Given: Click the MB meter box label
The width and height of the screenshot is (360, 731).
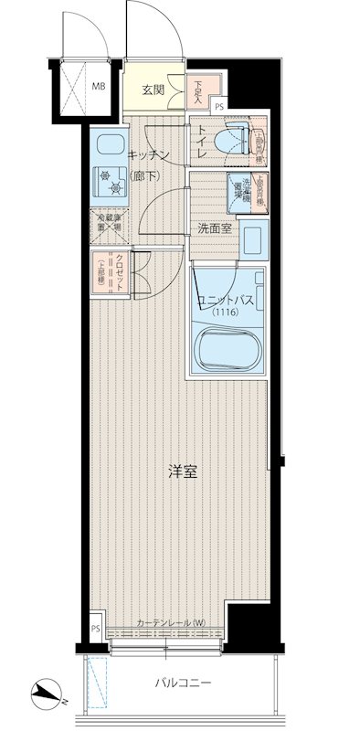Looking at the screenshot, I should tap(98, 89).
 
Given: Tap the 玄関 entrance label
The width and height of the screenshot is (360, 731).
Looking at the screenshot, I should tap(154, 90).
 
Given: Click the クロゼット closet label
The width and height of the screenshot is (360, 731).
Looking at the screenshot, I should tap(120, 270).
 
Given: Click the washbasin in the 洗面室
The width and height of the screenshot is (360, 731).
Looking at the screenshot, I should tap(255, 240).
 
